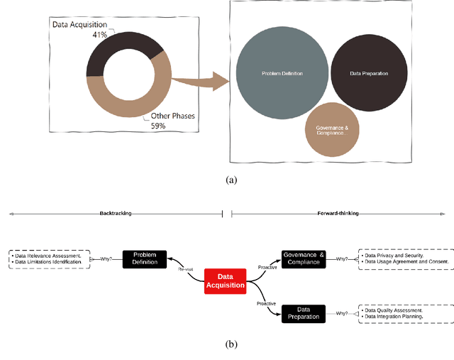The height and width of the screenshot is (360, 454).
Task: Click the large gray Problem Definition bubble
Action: click(x=282, y=73)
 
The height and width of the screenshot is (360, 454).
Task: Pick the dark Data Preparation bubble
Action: click(x=369, y=72)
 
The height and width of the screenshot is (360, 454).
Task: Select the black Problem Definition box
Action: click(x=145, y=258)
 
